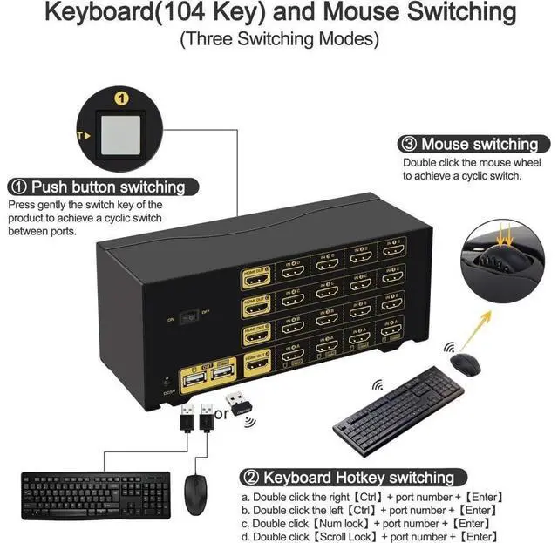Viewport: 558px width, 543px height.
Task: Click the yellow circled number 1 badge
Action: point(123,98)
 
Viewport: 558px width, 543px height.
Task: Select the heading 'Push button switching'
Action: point(108,187)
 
